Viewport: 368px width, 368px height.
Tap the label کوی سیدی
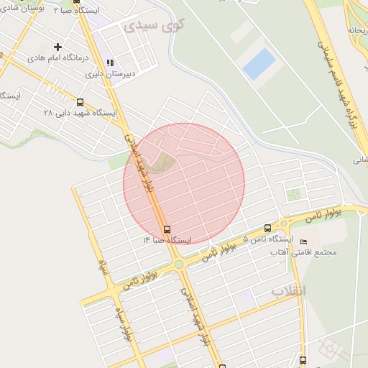click(154, 26)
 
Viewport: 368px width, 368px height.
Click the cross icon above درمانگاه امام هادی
click(57, 47)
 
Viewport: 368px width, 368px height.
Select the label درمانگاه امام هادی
click(57, 57)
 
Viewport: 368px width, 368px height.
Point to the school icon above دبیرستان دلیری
click(109, 63)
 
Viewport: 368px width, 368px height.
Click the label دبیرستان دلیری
click(111, 73)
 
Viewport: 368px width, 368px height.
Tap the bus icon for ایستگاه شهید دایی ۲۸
click(79, 102)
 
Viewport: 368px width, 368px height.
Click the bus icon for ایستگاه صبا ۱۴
click(167, 229)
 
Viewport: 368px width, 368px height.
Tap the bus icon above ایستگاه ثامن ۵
click(267, 228)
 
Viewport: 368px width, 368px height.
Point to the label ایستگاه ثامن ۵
click(268, 238)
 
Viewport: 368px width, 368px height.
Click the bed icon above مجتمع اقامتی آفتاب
click(303, 242)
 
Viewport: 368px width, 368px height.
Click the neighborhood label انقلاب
click(288, 291)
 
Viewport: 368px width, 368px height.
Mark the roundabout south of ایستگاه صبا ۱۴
click(178, 264)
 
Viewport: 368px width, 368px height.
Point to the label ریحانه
click(358, 31)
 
